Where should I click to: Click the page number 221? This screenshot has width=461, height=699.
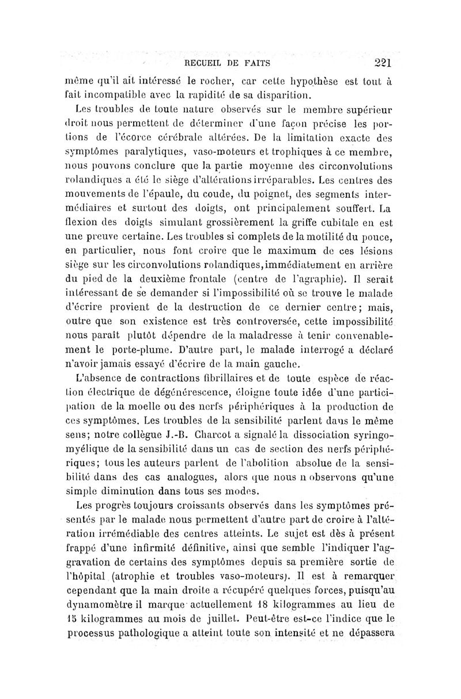tap(382, 63)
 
